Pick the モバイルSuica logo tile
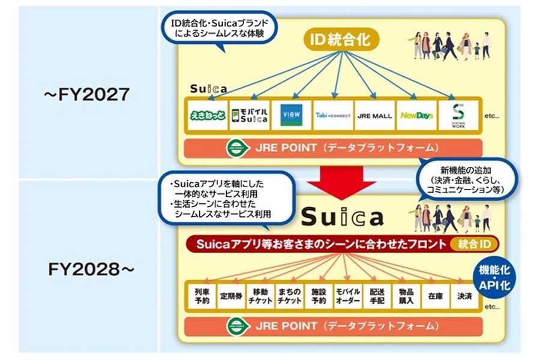click(247, 114)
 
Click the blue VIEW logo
click(291, 115)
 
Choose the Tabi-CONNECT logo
click(332, 115)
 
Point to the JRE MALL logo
click(374, 115)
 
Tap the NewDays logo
click(416, 115)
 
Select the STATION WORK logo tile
click(460, 114)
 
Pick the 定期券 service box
click(230, 295)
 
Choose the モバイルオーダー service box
click(347, 295)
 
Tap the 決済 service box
click(464, 295)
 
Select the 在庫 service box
click(435, 295)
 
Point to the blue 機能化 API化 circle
click(494, 277)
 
